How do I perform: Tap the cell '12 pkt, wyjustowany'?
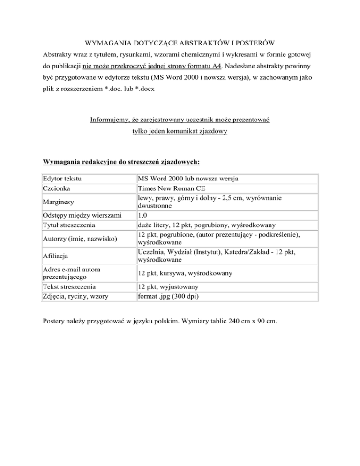[x=171, y=286]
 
